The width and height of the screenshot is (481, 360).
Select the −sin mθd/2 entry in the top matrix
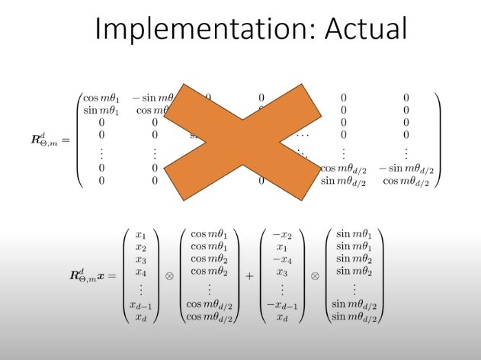[406, 168]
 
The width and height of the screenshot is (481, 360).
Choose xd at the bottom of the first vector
[140, 317]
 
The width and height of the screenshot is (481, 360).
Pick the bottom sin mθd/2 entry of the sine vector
[354, 317]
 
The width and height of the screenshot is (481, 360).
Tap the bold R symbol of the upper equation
[38, 140]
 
